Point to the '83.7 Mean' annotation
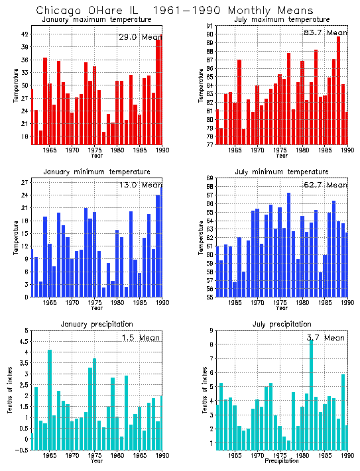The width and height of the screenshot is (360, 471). point(326,32)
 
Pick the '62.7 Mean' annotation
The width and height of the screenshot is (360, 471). point(326,185)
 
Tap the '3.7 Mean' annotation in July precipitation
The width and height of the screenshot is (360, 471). point(326,338)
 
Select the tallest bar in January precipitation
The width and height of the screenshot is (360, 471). point(50,397)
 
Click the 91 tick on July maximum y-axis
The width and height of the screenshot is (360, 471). point(208,26)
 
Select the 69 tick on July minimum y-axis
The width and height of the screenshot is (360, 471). point(208,179)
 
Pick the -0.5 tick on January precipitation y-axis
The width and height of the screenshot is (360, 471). point(21,450)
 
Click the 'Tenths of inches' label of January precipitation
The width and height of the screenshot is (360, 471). point(11,390)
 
